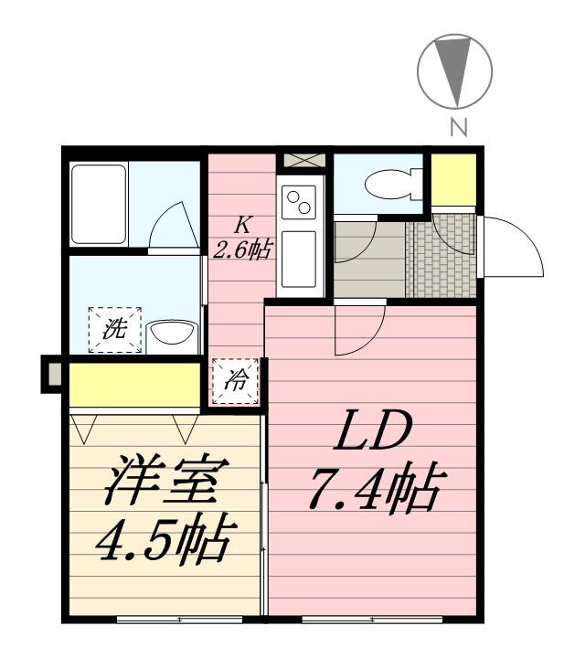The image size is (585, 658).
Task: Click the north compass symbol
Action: pyautogui.click(x=454, y=70)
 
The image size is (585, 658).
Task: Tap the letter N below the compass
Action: pyautogui.click(x=459, y=128)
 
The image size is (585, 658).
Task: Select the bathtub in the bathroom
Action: pyautogui.click(x=99, y=204)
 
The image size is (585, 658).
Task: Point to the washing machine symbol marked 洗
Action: pyautogui.click(x=115, y=330)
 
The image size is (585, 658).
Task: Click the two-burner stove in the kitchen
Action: pyautogui.click(x=301, y=201)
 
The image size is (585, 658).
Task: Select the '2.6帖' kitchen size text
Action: pyautogui.click(x=242, y=249)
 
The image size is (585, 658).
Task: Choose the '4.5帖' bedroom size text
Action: pyautogui.click(x=165, y=542)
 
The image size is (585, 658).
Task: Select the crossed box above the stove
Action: pyautogui.click(x=303, y=161)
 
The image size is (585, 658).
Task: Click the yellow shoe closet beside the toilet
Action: pyautogui.click(x=453, y=180)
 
